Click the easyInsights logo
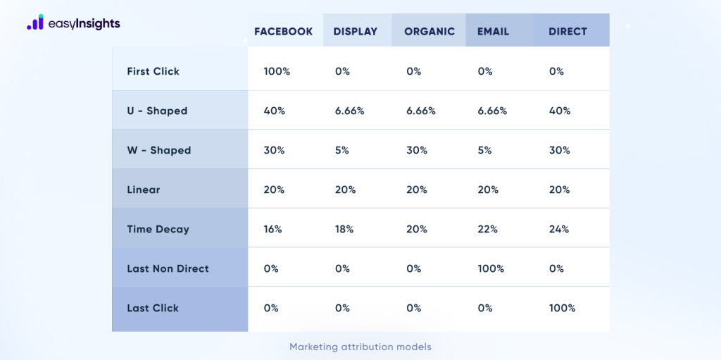click(x=73, y=23)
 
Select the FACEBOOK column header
click(x=283, y=32)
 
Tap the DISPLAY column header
click(x=356, y=32)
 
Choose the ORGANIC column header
click(x=430, y=32)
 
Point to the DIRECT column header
click(x=568, y=32)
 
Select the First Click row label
click(x=153, y=71)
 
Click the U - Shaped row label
click(x=157, y=111)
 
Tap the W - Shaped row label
click(x=158, y=150)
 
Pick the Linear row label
click(x=144, y=190)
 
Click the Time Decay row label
click(x=158, y=229)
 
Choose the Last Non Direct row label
click(x=168, y=268)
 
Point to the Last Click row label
click(x=153, y=308)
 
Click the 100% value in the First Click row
click(x=277, y=71)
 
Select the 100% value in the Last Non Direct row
click(x=491, y=268)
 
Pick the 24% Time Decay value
click(x=559, y=229)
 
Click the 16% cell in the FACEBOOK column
click(x=273, y=229)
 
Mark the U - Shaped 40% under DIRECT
click(x=559, y=111)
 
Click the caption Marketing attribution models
click(x=360, y=347)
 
